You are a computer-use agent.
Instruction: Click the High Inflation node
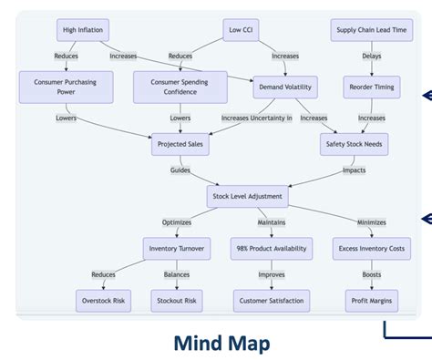pyautogui.click(x=82, y=30)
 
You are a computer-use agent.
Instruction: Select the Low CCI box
pyautogui.click(x=241, y=30)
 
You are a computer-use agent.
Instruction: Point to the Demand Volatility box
pyautogui.click(x=285, y=87)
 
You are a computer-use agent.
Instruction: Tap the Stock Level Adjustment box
pyautogui.click(x=247, y=196)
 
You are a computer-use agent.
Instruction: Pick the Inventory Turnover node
pyautogui.click(x=176, y=247)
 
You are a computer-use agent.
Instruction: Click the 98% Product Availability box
pyautogui.click(x=272, y=247)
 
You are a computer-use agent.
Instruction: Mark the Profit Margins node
pyautogui.click(x=371, y=300)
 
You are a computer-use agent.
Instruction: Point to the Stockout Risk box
pyautogui.click(x=177, y=300)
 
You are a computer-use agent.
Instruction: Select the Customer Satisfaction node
pyautogui.click(x=272, y=300)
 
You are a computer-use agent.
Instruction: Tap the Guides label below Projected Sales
pyautogui.click(x=180, y=170)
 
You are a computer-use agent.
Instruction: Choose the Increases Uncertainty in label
pyautogui.click(x=257, y=118)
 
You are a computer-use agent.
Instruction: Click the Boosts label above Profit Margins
pyautogui.click(x=371, y=274)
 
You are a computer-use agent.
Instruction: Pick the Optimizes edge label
pyautogui.click(x=176, y=221)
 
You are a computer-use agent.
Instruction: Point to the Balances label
pyautogui.click(x=177, y=274)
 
